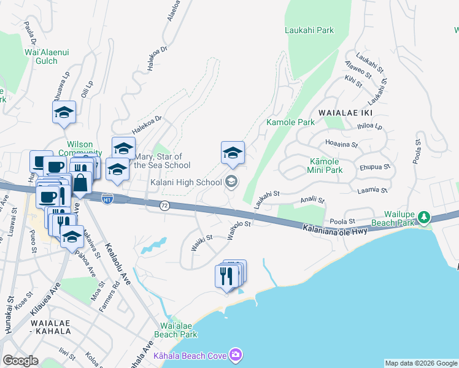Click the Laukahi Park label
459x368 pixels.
[x=308, y=29]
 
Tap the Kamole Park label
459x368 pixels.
[x=290, y=122]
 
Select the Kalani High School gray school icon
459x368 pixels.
[x=231, y=180]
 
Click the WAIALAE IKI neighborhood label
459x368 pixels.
[x=345, y=113]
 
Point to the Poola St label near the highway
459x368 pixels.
[x=343, y=221]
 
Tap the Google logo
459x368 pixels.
[x=20, y=361]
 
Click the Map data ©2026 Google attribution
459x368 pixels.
[x=421, y=363]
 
